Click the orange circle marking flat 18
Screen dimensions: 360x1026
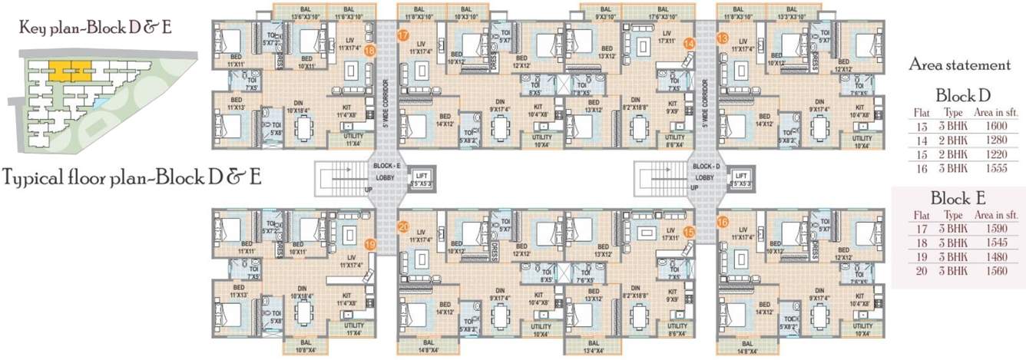(370, 51)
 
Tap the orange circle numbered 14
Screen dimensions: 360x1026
(689, 44)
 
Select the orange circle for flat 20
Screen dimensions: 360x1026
(404, 226)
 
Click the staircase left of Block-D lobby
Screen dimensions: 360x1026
(657, 179)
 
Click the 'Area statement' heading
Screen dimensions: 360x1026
(959, 65)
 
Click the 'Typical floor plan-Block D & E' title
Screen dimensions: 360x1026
(131, 177)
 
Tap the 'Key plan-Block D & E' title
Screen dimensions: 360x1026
(96, 28)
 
